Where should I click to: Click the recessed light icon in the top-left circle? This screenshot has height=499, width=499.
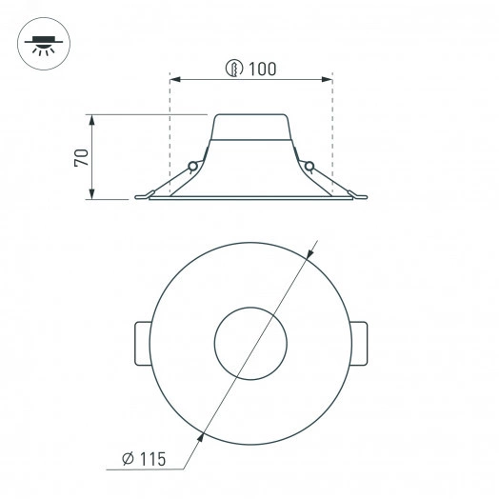44,46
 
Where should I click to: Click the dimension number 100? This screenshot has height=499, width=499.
262,69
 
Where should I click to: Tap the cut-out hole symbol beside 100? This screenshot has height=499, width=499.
234,69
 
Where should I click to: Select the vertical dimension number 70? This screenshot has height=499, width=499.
82,157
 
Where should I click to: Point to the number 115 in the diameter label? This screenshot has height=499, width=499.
152,459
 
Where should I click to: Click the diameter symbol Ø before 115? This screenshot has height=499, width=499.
129,459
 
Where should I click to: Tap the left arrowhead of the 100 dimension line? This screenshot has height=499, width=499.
175,79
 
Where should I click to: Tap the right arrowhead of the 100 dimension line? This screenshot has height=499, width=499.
328,79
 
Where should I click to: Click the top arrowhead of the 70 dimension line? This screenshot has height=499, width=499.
92,120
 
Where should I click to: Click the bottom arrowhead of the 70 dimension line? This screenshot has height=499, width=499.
92,194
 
